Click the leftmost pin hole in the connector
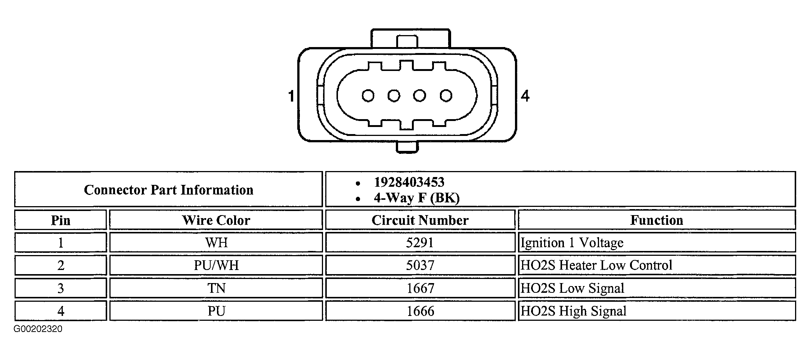click(x=368, y=96)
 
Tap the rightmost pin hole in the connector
click(x=446, y=96)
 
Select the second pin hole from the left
click(x=394, y=96)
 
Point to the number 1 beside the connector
click(x=291, y=96)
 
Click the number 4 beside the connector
click(x=525, y=96)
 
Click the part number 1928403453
click(x=409, y=182)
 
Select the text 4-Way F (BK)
click(x=416, y=198)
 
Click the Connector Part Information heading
click(x=168, y=190)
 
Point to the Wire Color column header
click(x=216, y=220)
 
